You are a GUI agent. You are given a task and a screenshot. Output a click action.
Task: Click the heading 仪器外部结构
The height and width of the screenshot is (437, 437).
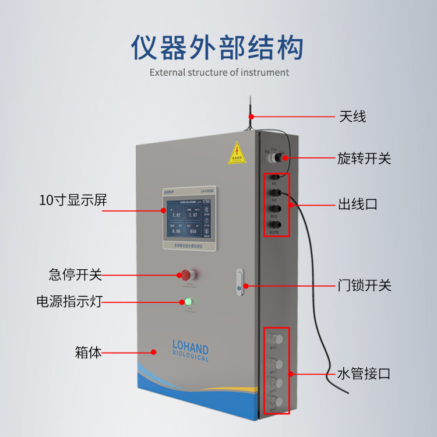tap(217, 48)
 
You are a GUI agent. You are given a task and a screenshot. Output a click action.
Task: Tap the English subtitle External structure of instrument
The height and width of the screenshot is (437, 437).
tap(219, 73)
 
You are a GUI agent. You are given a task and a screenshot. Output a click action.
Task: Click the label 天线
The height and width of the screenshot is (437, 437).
tap(352, 116)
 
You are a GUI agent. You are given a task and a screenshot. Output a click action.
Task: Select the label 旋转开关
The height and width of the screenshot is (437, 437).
tap(364, 158)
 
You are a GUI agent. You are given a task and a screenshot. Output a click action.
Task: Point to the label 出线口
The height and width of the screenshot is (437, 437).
tap(358, 205)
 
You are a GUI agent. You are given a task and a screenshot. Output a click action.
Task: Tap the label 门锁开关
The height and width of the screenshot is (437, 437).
tap(364, 286)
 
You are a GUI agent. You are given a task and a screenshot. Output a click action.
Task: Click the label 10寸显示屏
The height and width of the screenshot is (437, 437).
tap(73, 200)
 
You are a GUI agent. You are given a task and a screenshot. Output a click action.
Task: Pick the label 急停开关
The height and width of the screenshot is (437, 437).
tap(76, 274)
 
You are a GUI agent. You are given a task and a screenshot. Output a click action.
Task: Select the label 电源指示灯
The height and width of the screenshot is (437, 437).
tap(69, 302)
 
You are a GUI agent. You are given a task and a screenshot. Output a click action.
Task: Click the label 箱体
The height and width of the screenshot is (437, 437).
tap(88, 352)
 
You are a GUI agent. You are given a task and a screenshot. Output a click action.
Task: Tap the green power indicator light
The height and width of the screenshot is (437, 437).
tap(188, 302)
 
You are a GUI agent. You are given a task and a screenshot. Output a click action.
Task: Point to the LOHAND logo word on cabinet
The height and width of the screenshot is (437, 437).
tap(191, 348)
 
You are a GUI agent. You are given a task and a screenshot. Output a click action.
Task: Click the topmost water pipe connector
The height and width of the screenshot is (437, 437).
tap(276, 339)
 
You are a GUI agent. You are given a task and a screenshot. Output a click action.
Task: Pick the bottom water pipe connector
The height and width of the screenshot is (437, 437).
tap(276, 401)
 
